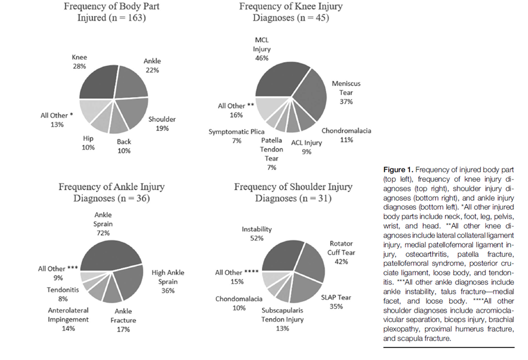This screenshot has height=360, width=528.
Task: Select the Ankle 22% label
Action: pos(152,66)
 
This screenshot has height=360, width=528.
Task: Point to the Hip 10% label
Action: pos(88,143)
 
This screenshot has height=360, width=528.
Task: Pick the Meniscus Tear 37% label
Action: pos(346,92)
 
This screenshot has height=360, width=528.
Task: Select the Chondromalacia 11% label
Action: pos(346,135)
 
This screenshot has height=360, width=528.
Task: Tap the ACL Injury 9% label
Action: pos(306,147)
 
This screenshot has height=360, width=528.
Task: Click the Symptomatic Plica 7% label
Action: pos(236,136)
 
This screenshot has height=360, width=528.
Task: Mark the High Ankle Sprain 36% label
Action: pos(168,282)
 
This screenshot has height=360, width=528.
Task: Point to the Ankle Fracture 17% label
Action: pos(123,320)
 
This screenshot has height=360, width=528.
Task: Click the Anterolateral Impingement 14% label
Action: pos(68,319)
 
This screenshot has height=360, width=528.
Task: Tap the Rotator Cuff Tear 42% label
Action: pos(341,252)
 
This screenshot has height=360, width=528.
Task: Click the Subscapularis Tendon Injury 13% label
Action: pos(282,319)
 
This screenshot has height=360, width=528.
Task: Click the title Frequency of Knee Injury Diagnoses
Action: pos(291,12)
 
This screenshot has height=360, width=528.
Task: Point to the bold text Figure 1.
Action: pos(398,169)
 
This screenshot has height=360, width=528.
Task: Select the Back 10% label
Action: pos(124,146)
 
